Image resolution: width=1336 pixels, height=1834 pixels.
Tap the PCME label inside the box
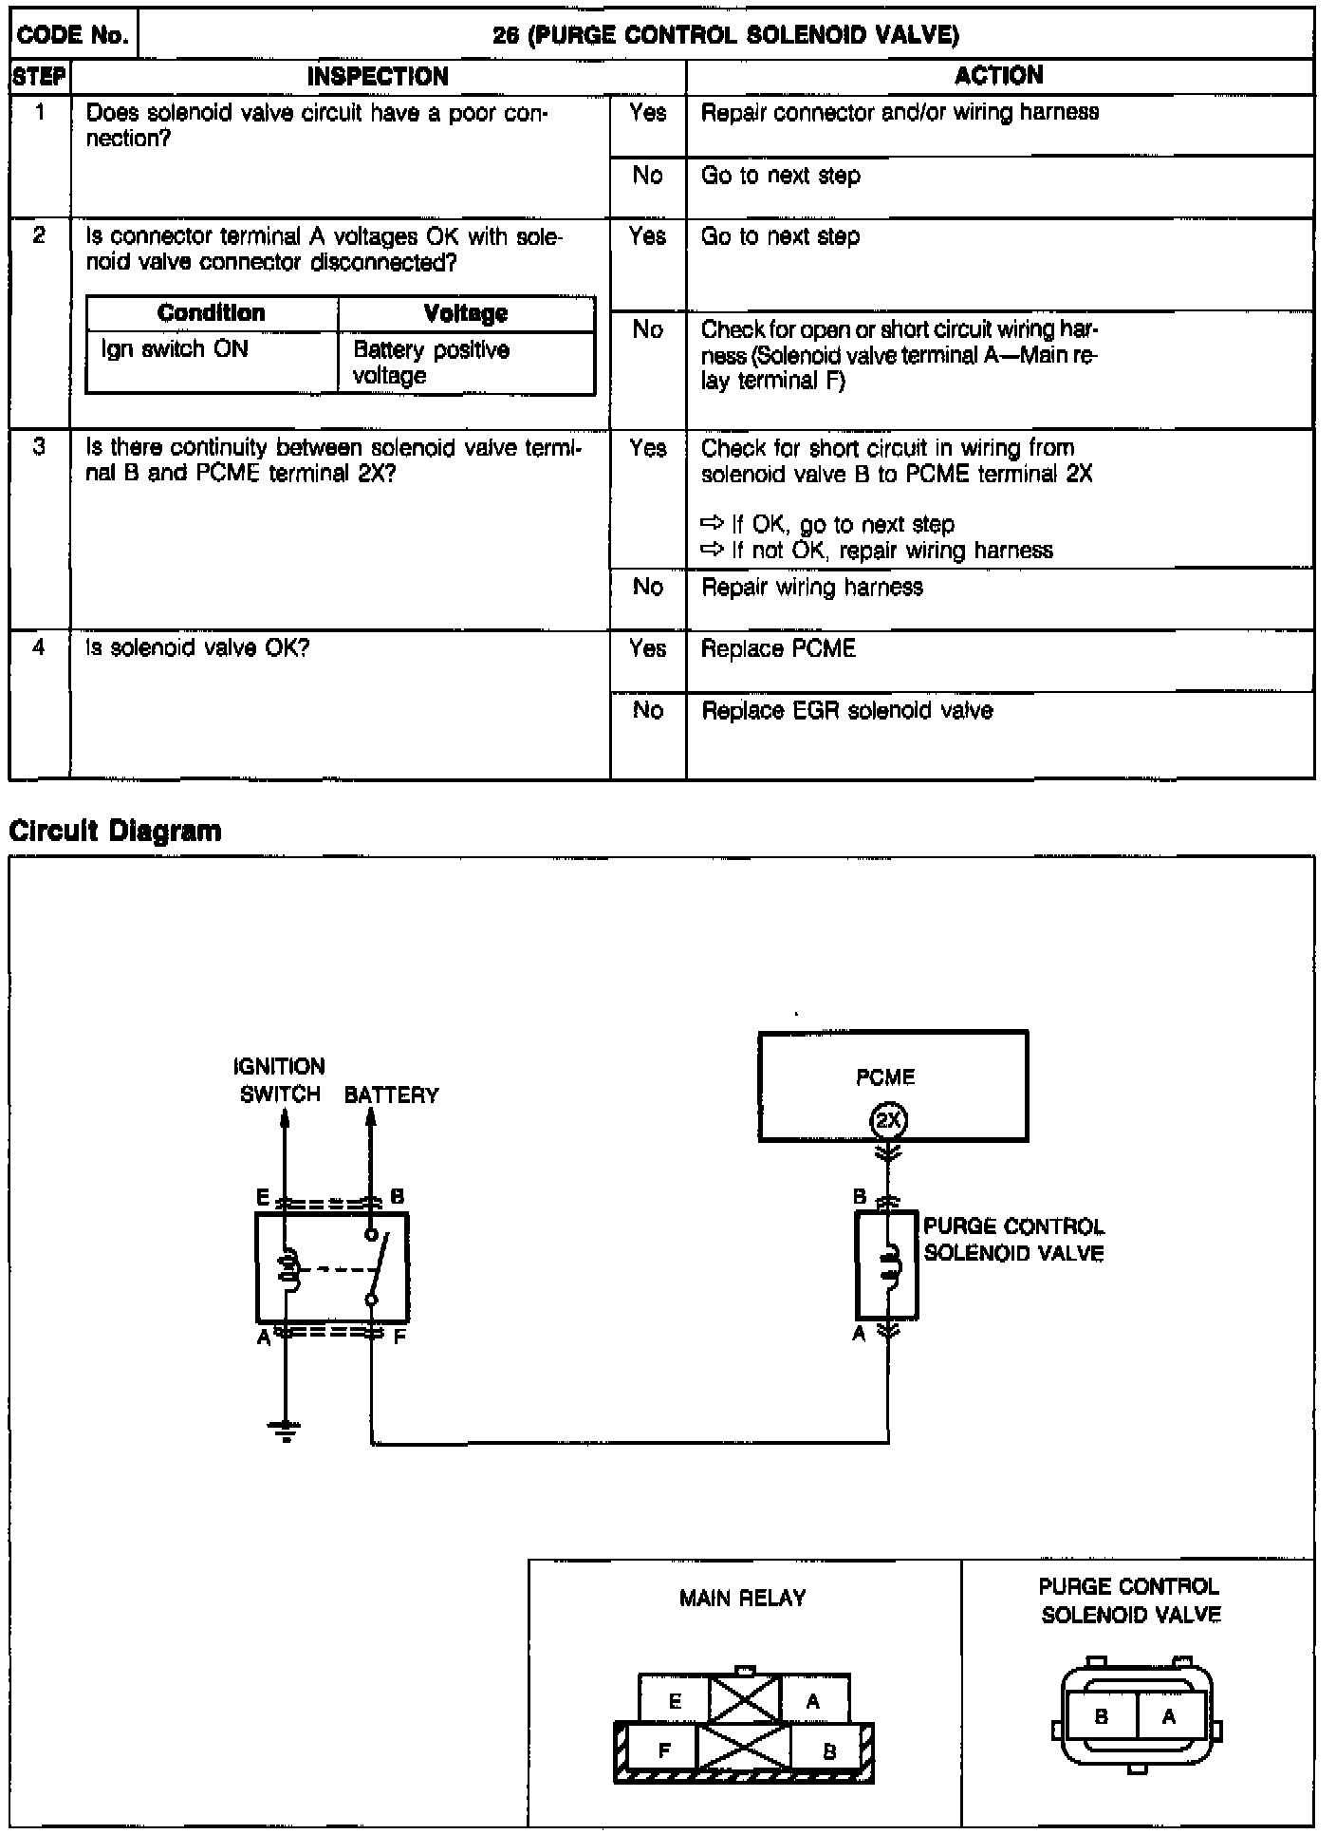pyautogui.click(x=884, y=1077)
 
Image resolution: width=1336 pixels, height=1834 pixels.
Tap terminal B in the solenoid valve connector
pyautogui.click(x=1101, y=1716)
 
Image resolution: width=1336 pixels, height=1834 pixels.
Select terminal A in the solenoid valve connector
pyautogui.click(x=1168, y=1716)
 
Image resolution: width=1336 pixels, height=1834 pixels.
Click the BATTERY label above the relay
pyautogui.click(x=391, y=1095)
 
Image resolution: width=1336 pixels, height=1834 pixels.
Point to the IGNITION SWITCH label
pyautogui.click(x=280, y=1080)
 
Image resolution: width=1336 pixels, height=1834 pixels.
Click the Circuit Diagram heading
pyautogui.click(x=115, y=832)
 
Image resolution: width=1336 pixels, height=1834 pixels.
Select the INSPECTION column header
pyautogui.click(x=378, y=76)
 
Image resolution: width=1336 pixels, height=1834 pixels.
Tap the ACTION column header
pyautogui.click(x=998, y=76)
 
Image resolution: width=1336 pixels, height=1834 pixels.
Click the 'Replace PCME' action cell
pyautogui.click(x=778, y=649)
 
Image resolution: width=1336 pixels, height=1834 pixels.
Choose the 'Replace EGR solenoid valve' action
pyautogui.click(x=846, y=711)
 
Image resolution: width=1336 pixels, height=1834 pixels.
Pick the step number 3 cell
pyautogui.click(x=39, y=448)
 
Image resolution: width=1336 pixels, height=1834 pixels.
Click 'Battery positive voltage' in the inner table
pyautogui.click(x=431, y=363)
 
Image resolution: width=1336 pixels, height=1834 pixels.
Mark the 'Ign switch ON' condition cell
pyautogui.click(x=175, y=349)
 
